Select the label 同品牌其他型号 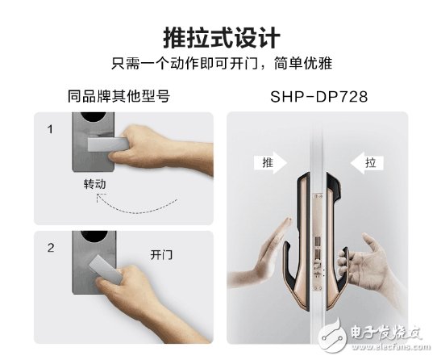119,97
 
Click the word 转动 95,184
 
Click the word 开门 162,253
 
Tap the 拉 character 370,162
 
